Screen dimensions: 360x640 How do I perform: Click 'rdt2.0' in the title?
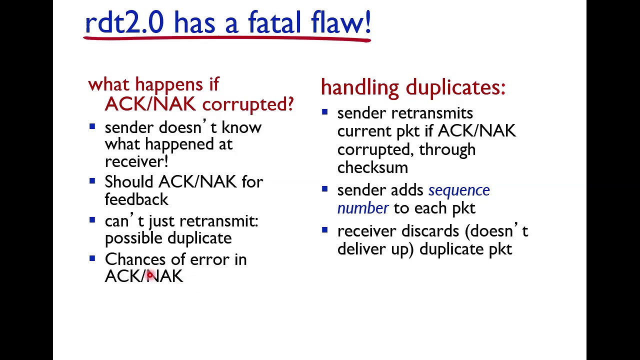[x=124, y=23]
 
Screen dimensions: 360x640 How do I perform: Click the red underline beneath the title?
[x=227, y=38]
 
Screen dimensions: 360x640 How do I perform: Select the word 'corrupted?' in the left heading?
[x=248, y=104]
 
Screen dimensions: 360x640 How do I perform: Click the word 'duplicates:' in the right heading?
[x=455, y=87]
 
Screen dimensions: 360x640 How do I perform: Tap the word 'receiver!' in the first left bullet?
[x=136, y=161]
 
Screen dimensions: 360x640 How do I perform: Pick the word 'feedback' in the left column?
[x=136, y=199]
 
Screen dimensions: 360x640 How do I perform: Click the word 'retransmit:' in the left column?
[x=218, y=221]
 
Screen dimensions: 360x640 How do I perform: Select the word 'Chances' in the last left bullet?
[x=134, y=259]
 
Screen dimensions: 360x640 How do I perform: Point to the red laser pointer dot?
[x=149, y=275]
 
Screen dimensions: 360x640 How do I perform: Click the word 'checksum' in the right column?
[x=372, y=167]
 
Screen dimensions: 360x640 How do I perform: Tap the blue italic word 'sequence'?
[x=459, y=190]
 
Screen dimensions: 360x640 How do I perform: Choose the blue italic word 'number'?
[x=362, y=208]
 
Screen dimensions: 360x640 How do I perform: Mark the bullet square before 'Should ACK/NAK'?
[x=92, y=181]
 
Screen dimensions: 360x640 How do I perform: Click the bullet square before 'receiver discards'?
[x=324, y=230]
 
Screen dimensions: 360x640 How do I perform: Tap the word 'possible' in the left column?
[x=133, y=238]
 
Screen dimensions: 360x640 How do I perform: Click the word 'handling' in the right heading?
[x=360, y=87]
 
